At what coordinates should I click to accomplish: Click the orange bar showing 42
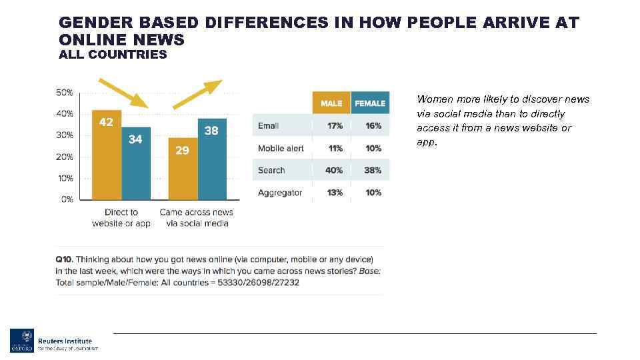click(107, 155)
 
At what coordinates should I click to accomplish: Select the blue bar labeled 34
click(136, 163)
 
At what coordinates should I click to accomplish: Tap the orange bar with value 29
click(183, 169)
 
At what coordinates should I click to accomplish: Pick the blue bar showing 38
click(212, 159)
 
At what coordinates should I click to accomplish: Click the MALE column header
click(331, 103)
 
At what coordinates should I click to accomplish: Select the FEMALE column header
click(370, 103)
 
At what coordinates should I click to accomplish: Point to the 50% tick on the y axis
click(64, 92)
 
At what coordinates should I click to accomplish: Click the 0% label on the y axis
click(67, 199)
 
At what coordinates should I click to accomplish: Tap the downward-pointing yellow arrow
click(123, 92)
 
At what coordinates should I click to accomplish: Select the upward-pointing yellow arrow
click(197, 93)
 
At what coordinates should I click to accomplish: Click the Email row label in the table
click(269, 125)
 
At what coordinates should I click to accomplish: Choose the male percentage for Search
click(334, 170)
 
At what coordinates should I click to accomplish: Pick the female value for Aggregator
click(373, 193)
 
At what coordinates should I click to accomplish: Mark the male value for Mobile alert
click(335, 148)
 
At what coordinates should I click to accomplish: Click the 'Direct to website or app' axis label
click(121, 217)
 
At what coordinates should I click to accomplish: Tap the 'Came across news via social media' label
click(197, 217)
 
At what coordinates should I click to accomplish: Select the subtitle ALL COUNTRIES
click(113, 55)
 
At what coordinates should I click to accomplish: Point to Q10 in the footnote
click(64, 259)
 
